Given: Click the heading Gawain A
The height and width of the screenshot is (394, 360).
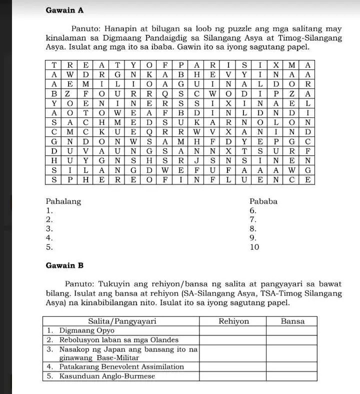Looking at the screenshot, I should (x=64, y=10).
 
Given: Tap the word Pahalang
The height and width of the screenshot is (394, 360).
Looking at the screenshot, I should (x=63, y=202).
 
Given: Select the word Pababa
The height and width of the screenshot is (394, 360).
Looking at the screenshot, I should (x=263, y=202).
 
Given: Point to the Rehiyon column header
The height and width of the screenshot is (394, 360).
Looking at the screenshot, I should (x=233, y=321).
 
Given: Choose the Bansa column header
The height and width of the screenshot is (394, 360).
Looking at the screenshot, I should (x=292, y=321).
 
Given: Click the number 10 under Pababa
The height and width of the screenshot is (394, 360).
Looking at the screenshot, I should (x=254, y=247).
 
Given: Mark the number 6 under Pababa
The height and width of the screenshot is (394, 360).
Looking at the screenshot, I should (x=252, y=211).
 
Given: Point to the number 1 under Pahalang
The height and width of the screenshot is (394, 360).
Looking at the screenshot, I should (x=48, y=211).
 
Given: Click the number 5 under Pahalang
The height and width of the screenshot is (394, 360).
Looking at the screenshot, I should (x=48, y=247).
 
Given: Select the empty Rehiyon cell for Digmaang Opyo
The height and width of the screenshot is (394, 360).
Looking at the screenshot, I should (x=233, y=330).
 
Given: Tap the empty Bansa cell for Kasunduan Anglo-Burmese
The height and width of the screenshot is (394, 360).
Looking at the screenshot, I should (x=292, y=376).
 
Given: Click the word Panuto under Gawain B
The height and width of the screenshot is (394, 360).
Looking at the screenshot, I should (x=78, y=284).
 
